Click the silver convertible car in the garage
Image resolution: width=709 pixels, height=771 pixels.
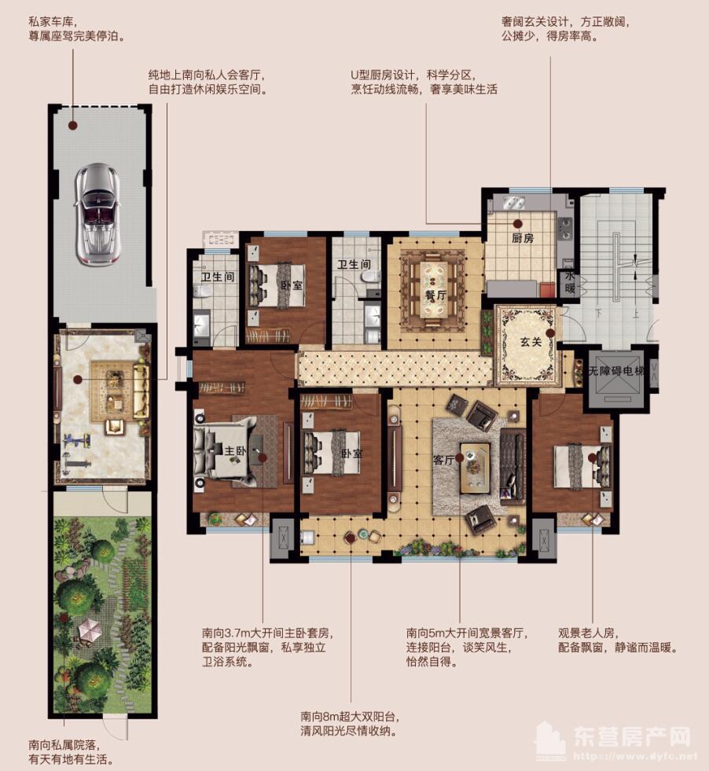click(97, 213)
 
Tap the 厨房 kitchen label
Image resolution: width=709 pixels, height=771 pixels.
click(522, 238)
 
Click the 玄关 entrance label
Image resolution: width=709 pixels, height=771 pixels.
click(531, 342)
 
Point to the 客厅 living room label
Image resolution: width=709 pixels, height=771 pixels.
click(443, 461)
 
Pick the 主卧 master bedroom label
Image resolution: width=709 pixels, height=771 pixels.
click(235, 450)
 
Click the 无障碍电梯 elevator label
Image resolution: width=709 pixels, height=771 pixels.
click(616, 371)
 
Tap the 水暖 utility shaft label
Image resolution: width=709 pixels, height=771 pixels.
click(570, 283)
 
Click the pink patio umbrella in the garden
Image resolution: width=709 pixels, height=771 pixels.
click(89, 630)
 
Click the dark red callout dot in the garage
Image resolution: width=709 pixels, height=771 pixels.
click(72, 126)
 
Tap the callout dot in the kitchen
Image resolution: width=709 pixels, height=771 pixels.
click(517, 224)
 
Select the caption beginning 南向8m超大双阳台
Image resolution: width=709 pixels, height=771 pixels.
click(350, 724)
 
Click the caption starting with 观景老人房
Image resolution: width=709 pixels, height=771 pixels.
click(618, 641)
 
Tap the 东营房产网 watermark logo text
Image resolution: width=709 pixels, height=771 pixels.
click(632, 737)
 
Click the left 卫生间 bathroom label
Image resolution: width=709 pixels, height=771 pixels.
click(217, 277)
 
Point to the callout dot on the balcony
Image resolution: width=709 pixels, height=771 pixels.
click(350, 538)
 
